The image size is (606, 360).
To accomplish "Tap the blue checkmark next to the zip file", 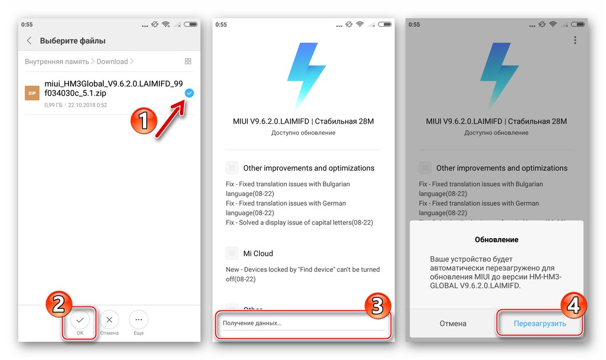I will point(189,93).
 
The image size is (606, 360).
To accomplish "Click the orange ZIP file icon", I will point(32,93).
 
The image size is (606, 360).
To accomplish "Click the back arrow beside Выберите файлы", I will point(29,41).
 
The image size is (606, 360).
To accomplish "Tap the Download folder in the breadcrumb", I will point(112,62).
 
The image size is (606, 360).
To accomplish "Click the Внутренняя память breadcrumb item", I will point(56,62).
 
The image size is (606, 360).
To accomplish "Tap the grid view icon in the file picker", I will point(188,62).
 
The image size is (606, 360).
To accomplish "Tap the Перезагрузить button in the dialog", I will point(539,324).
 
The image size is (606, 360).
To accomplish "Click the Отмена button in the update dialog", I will point(452,324).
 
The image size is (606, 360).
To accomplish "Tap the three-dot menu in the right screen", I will point(575,40).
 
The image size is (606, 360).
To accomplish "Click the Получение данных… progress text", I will point(252,323).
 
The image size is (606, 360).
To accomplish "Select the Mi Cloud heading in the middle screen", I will point(258,253).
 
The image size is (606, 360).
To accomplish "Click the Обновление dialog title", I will point(496,239).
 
